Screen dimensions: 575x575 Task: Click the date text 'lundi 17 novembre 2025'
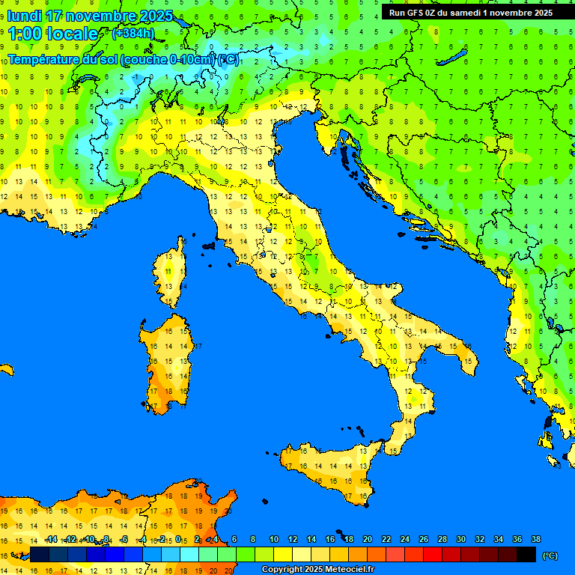90,16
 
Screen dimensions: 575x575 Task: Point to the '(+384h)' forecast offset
133,34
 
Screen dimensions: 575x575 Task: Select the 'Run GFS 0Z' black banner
470,12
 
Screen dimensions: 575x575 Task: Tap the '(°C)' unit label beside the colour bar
550,556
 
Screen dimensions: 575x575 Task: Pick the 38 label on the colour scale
535,539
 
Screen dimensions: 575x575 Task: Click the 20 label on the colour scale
368,539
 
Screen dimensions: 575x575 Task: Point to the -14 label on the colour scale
51,539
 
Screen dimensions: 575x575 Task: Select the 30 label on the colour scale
460,539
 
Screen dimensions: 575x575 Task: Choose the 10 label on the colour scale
274,539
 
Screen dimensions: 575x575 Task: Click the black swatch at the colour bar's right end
526,554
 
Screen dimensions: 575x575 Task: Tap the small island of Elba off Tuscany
208,246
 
